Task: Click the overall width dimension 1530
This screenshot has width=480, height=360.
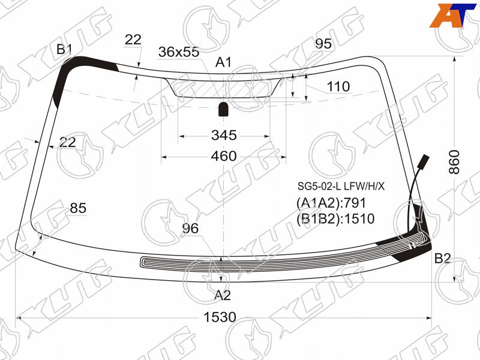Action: coord(220,317)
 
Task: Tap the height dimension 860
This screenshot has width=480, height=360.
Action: coord(454,162)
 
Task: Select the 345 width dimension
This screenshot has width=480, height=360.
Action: coord(224,135)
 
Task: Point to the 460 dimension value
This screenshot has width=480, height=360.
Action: coord(224,156)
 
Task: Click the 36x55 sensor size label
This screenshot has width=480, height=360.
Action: coord(179,52)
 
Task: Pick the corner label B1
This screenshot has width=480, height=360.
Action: coord(64,49)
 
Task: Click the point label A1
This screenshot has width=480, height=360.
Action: coord(223,62)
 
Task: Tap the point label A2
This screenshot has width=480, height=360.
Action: coord(222,295)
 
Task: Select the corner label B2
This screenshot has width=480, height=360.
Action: coord(442,259)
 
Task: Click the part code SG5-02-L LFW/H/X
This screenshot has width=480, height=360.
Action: coord(341,186)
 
